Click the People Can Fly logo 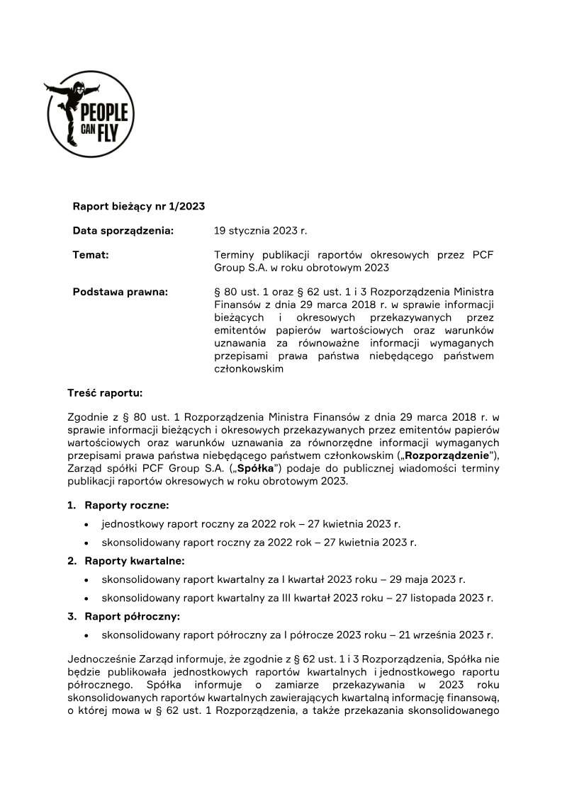91,113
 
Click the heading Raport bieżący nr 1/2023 139,207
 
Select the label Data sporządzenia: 123,231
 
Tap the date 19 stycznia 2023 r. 261,231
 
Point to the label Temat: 91,255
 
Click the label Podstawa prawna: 120,292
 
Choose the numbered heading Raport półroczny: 132,616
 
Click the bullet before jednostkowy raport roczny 86,525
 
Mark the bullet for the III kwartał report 86,598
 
